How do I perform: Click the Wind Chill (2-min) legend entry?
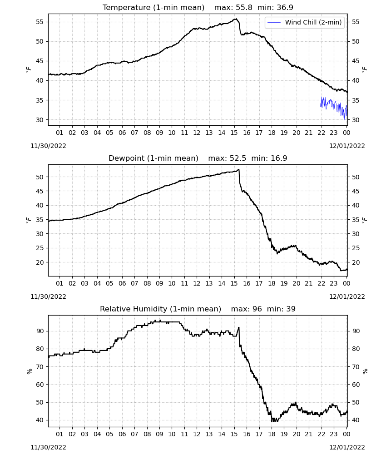(305, 22)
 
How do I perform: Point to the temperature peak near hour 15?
(236, 19)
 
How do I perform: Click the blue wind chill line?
(334, 107)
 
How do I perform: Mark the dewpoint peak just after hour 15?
(238, 170)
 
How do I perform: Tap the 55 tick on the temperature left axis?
(40, 22)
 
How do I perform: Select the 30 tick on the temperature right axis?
(356, 120)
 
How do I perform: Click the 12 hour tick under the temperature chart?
(197, 133)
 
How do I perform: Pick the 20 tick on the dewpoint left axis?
(40, 262)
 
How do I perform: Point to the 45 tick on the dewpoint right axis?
(356, 191)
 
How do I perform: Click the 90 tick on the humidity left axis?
(40, 331)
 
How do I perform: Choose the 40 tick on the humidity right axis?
(356, 420)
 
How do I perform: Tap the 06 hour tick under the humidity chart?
(122, 434)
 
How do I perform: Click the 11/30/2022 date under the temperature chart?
(48, 146)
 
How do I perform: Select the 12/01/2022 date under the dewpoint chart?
(347, 296)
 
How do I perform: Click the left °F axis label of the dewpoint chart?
(28, 220)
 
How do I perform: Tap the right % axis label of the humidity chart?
(365, 371)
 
